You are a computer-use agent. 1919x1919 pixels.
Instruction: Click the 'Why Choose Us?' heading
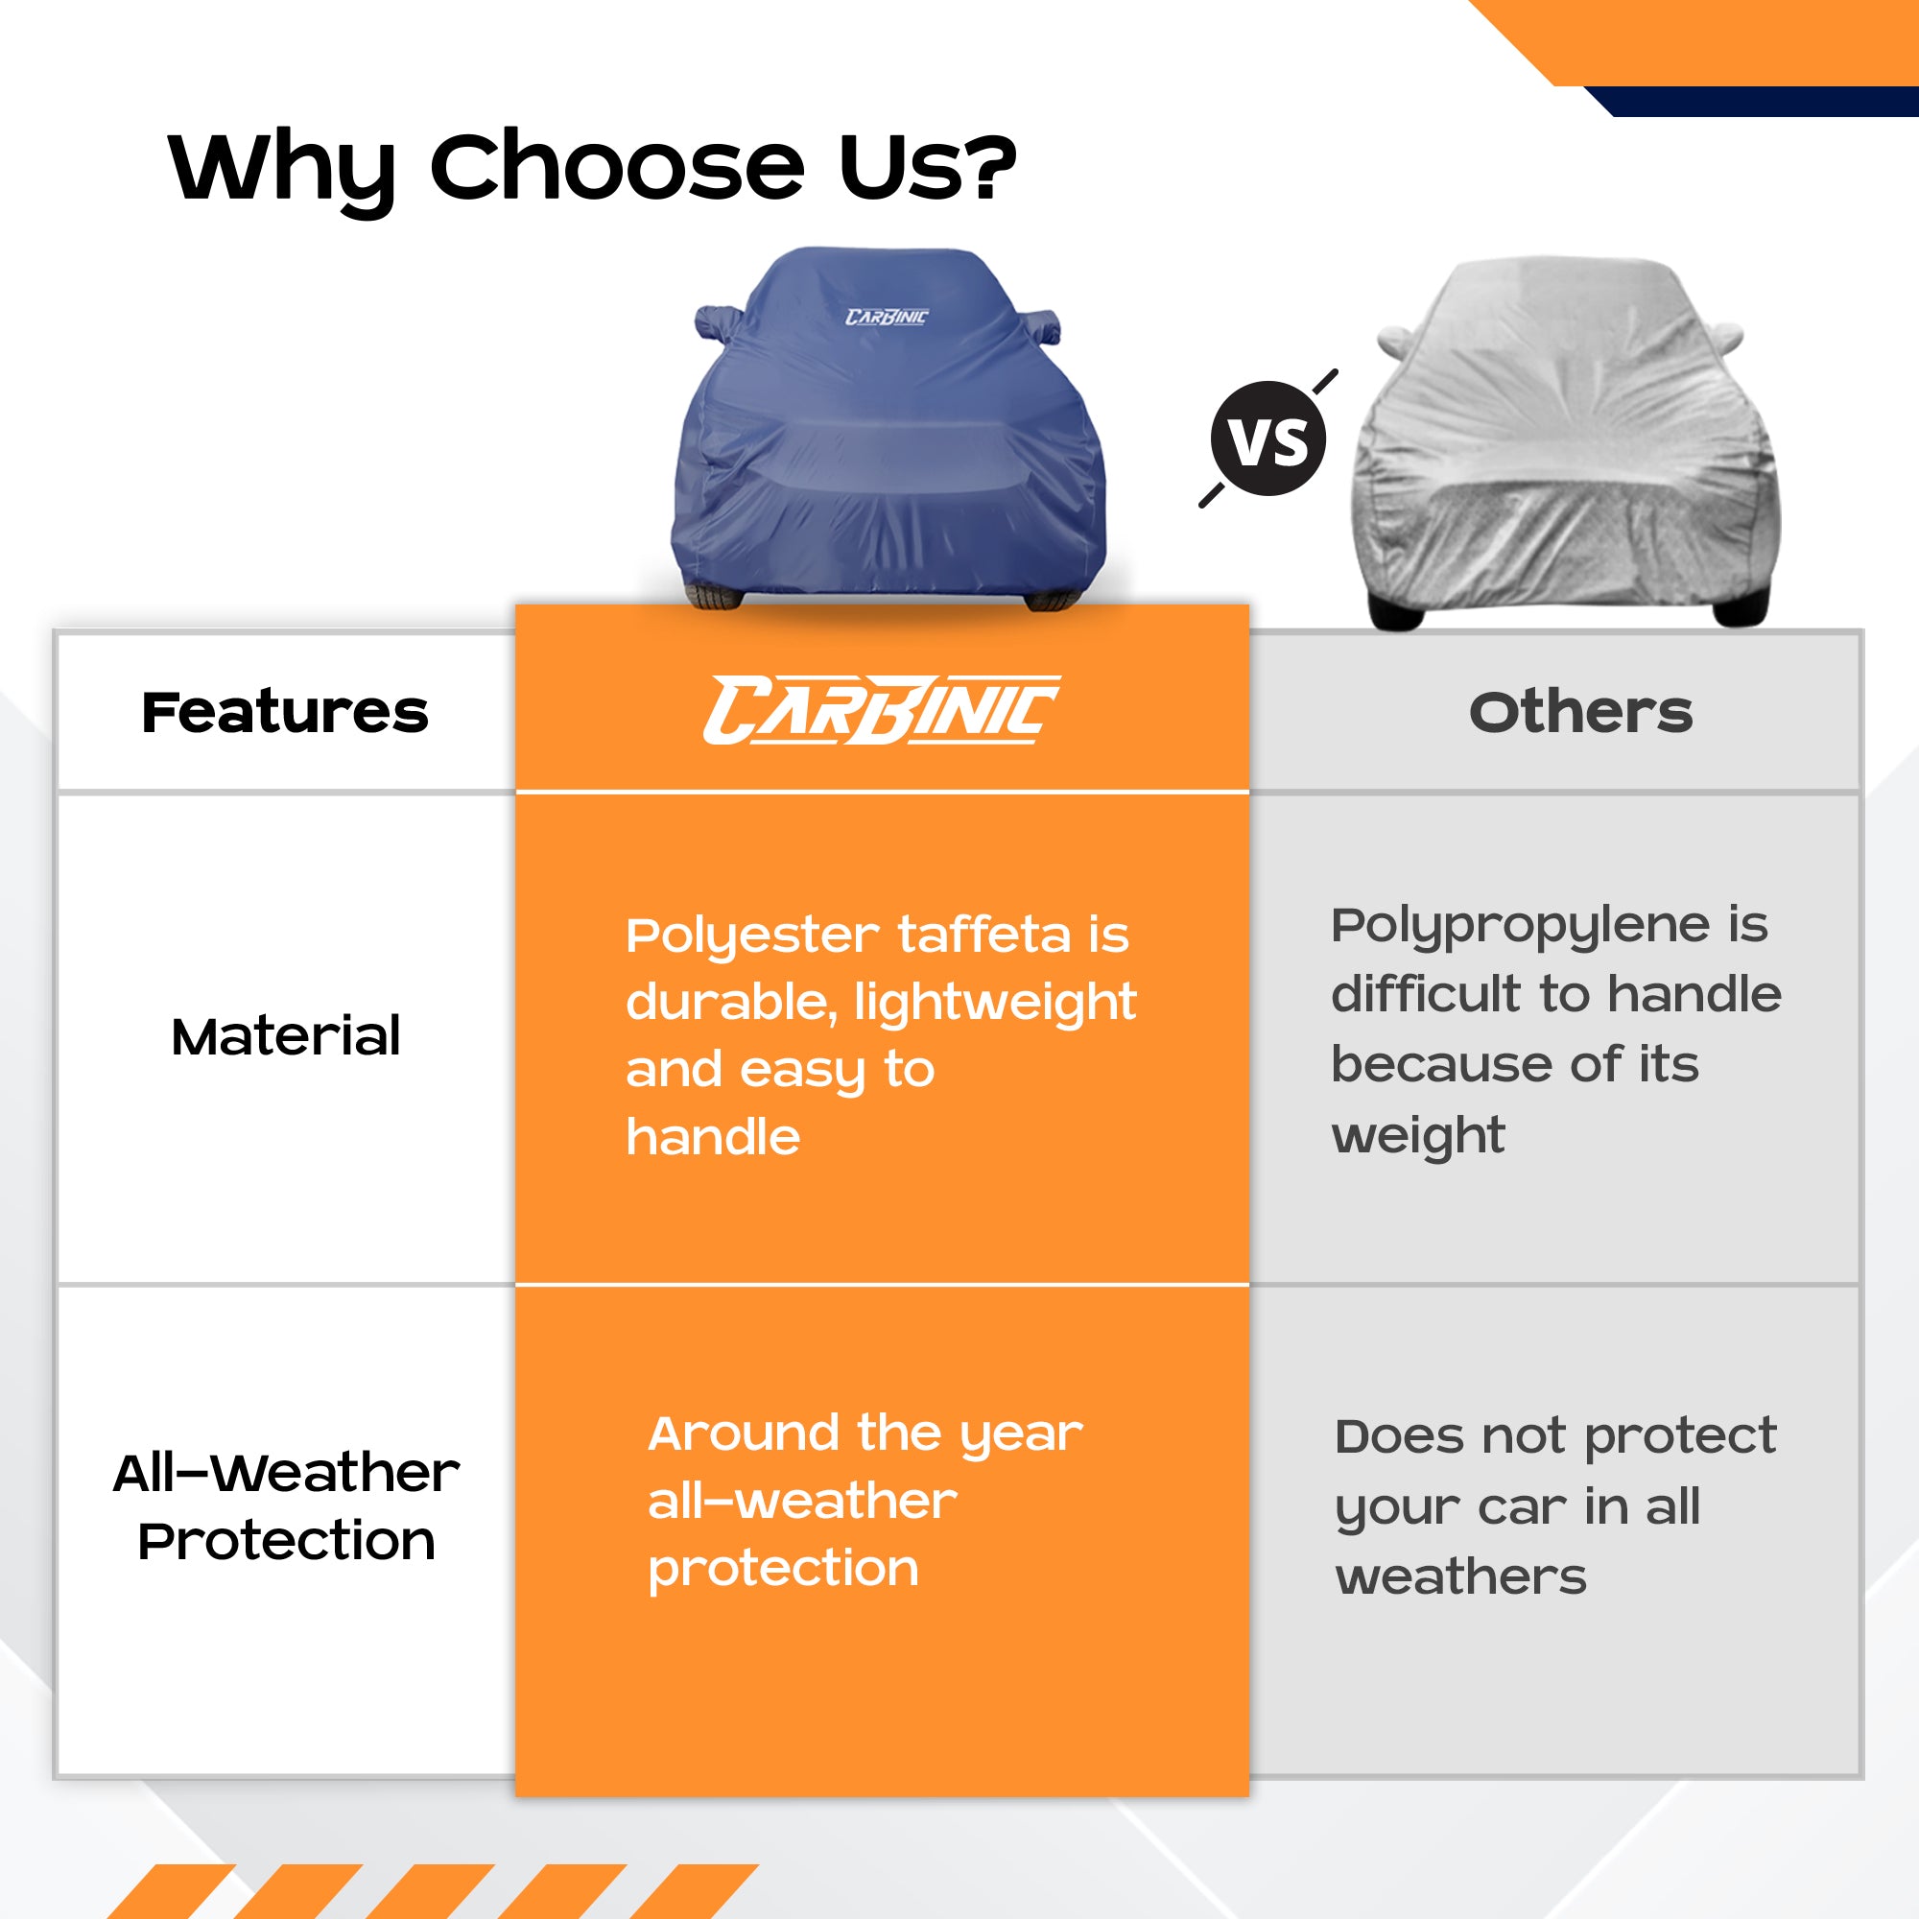(x=593, y=168)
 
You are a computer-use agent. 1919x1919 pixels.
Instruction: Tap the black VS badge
(x=1268, y=438)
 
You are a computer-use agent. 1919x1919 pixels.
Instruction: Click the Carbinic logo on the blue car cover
(x=886, y=317)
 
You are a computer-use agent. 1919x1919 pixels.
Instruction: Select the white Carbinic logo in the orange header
(x=881, y=710)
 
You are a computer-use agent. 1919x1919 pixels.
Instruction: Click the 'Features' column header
(x=285, y=712)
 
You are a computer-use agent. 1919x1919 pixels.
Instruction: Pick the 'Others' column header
(x=1580, y=712)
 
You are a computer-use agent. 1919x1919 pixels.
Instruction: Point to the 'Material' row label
(x=286, y=1036)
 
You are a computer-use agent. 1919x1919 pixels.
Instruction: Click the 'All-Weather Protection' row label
(x=286, y=1505)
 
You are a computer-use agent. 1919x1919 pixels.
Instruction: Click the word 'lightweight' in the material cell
(x=995, y=1004)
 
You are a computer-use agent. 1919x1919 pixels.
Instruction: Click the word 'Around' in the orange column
(x=744, y=1433)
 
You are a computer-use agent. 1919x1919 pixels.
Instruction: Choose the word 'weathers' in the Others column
(x=1461, y=1577)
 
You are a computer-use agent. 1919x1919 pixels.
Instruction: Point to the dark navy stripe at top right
(x=1750, y=102)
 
